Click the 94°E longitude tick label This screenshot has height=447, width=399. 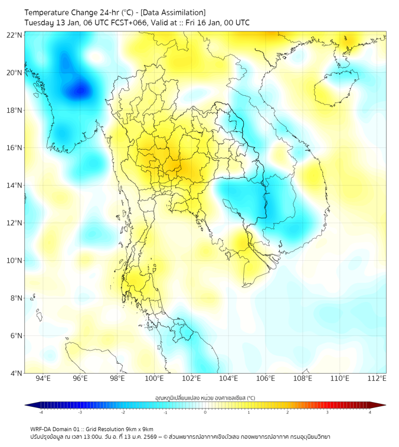(43, 378)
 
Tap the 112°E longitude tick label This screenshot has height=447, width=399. (377, 378)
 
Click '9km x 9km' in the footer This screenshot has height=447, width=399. (138, 429)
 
